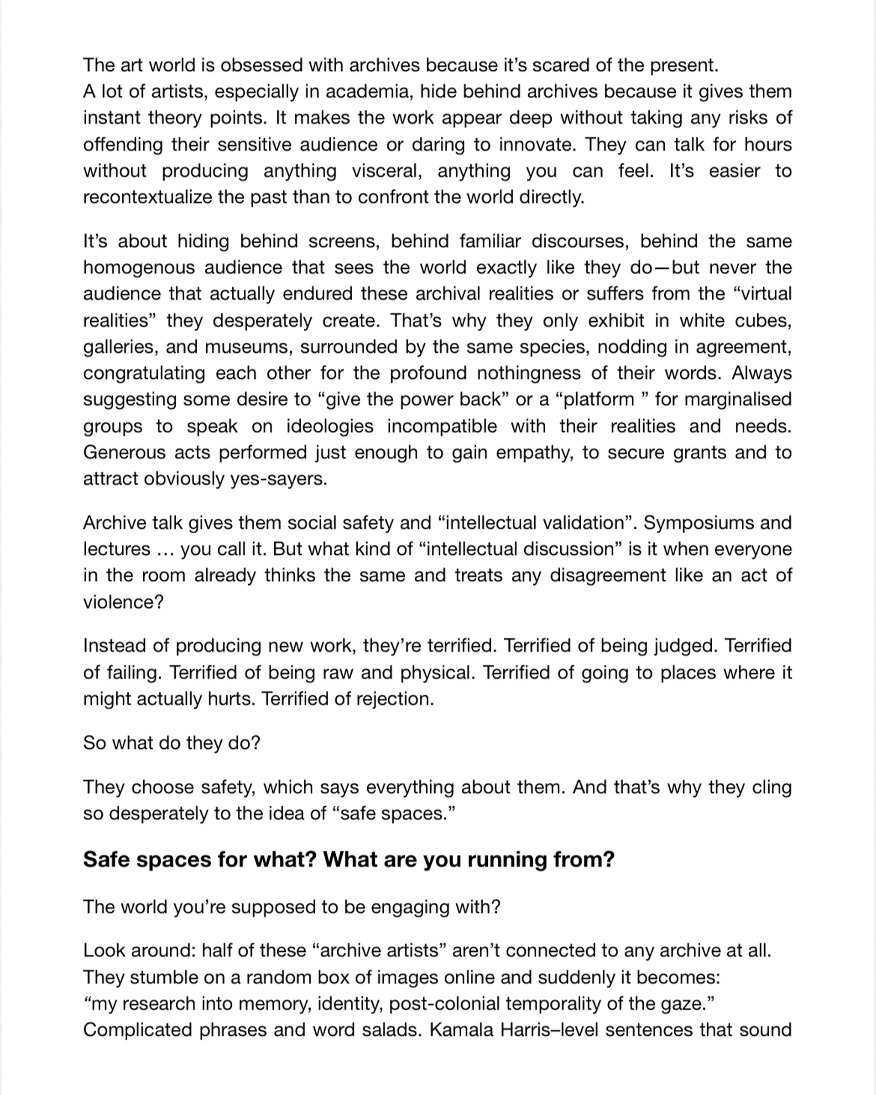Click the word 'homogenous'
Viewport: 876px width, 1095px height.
[x=139, y=268]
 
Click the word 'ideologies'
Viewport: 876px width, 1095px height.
[x=329, y=426]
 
